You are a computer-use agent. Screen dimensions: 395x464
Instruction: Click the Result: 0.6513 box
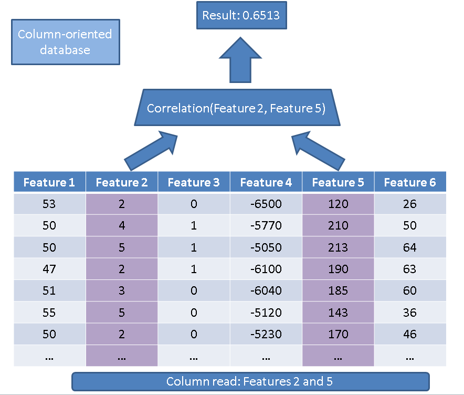(242, 16)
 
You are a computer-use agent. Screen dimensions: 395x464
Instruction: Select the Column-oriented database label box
(66, 42)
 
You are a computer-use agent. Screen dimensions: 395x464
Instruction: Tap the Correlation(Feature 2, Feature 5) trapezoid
(236, 108)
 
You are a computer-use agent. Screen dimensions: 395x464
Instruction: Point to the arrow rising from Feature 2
(152, 148)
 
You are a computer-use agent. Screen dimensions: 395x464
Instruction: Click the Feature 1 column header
(49, 182)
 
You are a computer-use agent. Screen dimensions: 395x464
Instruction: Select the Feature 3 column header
(193, 182)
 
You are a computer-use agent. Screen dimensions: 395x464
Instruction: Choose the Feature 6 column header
(409, 182)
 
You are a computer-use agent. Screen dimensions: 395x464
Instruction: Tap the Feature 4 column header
(266, 182)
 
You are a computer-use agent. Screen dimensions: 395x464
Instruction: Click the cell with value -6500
(266, 204)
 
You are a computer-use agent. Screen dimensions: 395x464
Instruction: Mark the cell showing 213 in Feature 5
(338, 247)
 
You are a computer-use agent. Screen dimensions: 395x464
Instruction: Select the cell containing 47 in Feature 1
(49, 269)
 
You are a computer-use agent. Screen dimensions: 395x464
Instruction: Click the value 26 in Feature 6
(409, 204)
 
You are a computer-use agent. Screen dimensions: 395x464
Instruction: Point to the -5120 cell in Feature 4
(266, 313)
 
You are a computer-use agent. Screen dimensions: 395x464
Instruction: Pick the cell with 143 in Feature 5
(338, 313)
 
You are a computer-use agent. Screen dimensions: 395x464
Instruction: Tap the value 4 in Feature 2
(121, 226)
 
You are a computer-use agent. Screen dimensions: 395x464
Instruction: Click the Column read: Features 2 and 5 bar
(250, 381)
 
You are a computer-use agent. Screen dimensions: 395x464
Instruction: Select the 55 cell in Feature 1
(49, 313)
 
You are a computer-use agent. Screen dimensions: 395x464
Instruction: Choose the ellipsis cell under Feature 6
(409, 356)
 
